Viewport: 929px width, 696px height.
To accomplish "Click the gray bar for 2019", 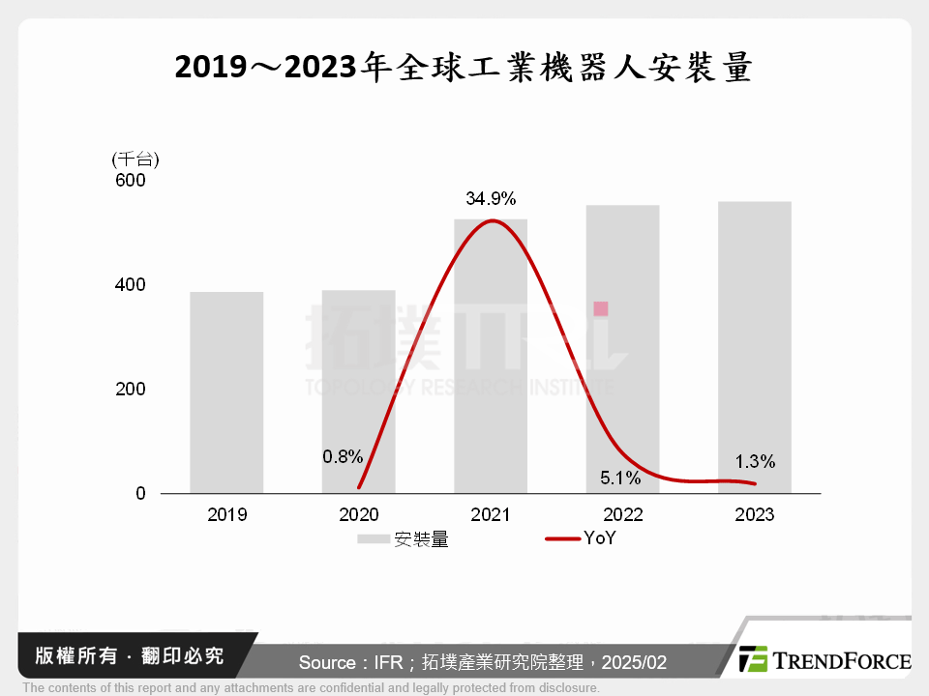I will (x=226, y=392).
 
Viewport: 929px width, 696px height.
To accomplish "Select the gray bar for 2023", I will (x=755, y=347).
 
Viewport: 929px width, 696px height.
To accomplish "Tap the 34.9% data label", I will (x=491, y=199).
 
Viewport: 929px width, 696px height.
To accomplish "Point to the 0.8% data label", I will (x=344, y=454).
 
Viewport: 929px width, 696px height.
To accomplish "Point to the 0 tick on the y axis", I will (x=139, y=493).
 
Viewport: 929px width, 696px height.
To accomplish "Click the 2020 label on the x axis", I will (x=359, y=514).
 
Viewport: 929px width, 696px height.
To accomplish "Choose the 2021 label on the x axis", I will (x=491, y=514).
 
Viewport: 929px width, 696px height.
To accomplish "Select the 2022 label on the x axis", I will (x=622, y=514).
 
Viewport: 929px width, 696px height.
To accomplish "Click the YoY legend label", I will (x=599, y=539).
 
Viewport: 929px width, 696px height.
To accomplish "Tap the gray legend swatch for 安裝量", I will (x=373, y=539).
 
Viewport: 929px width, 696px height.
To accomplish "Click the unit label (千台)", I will (x=135, y=159).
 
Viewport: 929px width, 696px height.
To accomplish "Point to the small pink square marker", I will (x=601, y=308).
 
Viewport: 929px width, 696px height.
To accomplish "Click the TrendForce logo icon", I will (x=753, y=659).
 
